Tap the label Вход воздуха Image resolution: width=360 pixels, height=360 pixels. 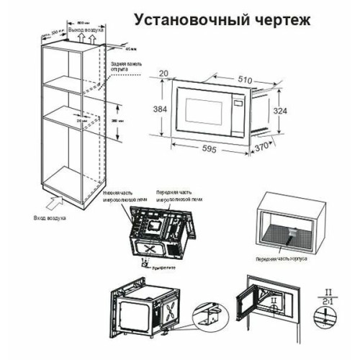coord(49,215)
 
